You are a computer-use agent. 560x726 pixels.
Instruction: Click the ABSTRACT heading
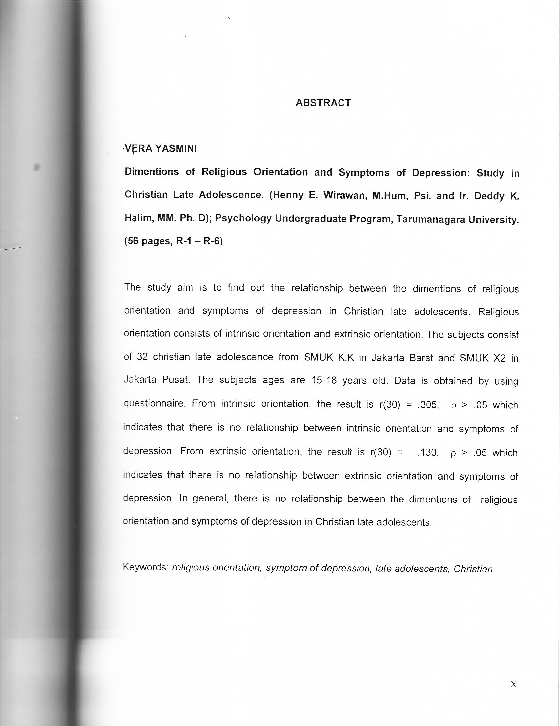tap(323, 103)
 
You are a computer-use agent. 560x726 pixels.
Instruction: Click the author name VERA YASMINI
tap(161, 149)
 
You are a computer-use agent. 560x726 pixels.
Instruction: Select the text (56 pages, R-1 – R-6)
tap(173, 241)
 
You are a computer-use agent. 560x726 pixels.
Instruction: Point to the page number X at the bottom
tap(513, 684)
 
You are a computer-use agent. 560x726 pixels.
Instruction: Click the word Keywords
tap(146, 567)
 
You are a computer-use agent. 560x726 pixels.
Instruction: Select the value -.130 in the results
tap(426, 452)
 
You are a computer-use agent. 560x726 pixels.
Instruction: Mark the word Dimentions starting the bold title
tap(152, 172)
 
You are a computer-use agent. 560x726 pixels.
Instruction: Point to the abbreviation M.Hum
tap(389, 196)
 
